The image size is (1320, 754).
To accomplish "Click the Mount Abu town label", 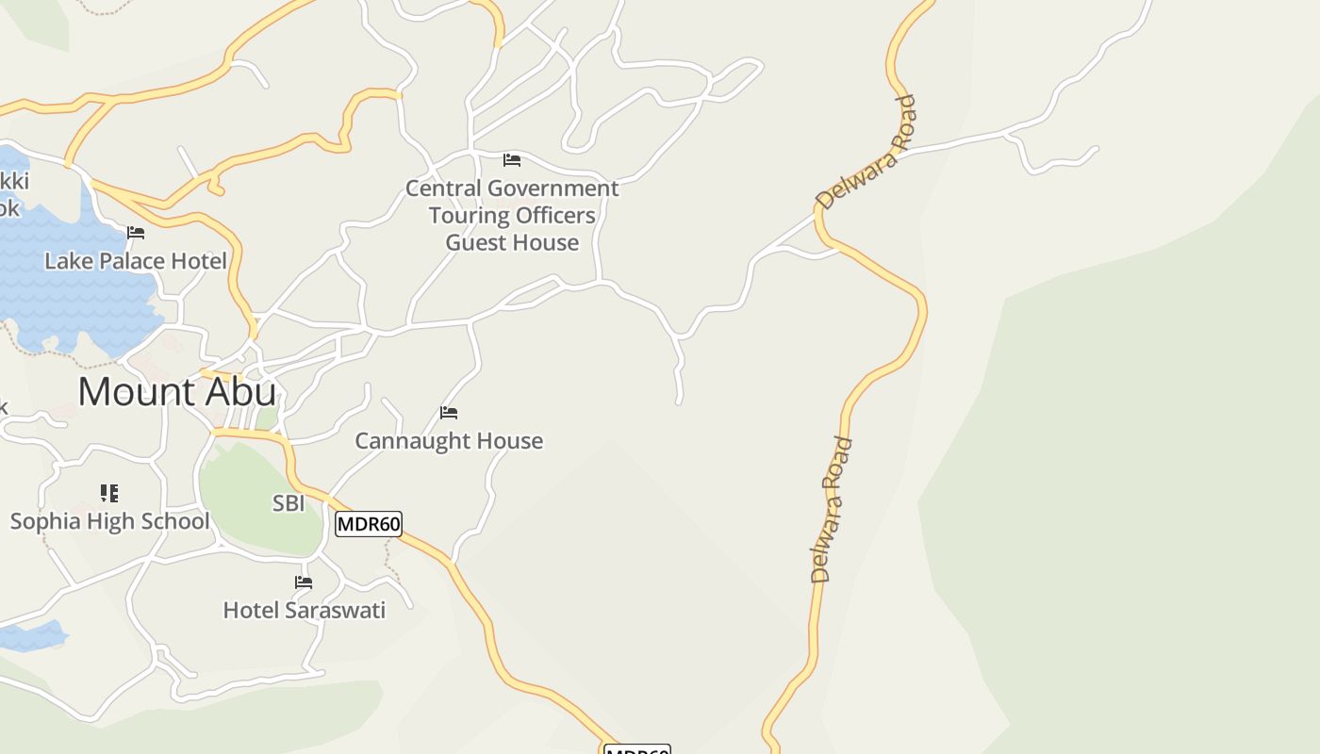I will pos(177,392).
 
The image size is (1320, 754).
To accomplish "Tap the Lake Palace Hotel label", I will pos(136,261).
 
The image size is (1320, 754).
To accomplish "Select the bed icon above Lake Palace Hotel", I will pos(136,233).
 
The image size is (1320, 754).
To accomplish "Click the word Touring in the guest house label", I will pos(469,216).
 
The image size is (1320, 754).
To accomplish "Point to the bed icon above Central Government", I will pos(512,160).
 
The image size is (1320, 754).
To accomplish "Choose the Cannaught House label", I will pos(449,441).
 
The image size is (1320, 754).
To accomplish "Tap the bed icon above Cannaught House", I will pos(449,413).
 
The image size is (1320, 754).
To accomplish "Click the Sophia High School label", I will pos(109,521).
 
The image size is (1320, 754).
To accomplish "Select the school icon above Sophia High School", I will pos(109,493).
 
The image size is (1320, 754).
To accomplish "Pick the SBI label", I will pos(289,504).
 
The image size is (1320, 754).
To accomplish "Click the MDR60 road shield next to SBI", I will pos(369,524).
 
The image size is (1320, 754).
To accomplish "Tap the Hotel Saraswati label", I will pos(304,611).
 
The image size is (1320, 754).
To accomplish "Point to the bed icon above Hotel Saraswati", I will pos(304,582).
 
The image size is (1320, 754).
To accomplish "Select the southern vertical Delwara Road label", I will pos(831,509).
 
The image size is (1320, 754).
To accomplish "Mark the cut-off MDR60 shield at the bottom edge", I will pos(636,749).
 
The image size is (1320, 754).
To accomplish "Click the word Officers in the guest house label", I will pos(555,216).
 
